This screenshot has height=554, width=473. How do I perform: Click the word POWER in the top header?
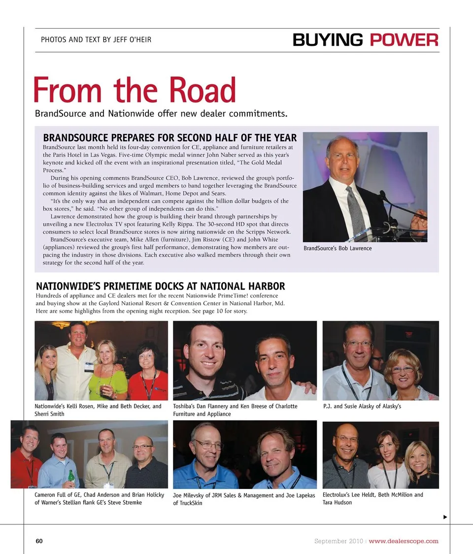point(404,40)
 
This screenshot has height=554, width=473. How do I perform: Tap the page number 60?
point(39,541)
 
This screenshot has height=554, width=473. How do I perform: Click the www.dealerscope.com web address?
point(403,541)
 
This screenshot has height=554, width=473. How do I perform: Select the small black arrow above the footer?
point(445,517)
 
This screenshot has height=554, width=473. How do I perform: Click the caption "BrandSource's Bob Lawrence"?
point(338,248)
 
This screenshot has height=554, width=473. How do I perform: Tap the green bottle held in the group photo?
point(71,475)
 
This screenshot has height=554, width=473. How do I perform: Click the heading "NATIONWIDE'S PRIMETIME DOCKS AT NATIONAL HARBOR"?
point(160,286)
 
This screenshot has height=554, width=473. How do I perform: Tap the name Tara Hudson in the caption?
point(338,503)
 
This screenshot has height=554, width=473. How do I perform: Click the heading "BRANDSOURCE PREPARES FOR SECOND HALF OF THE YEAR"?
point(170,137)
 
